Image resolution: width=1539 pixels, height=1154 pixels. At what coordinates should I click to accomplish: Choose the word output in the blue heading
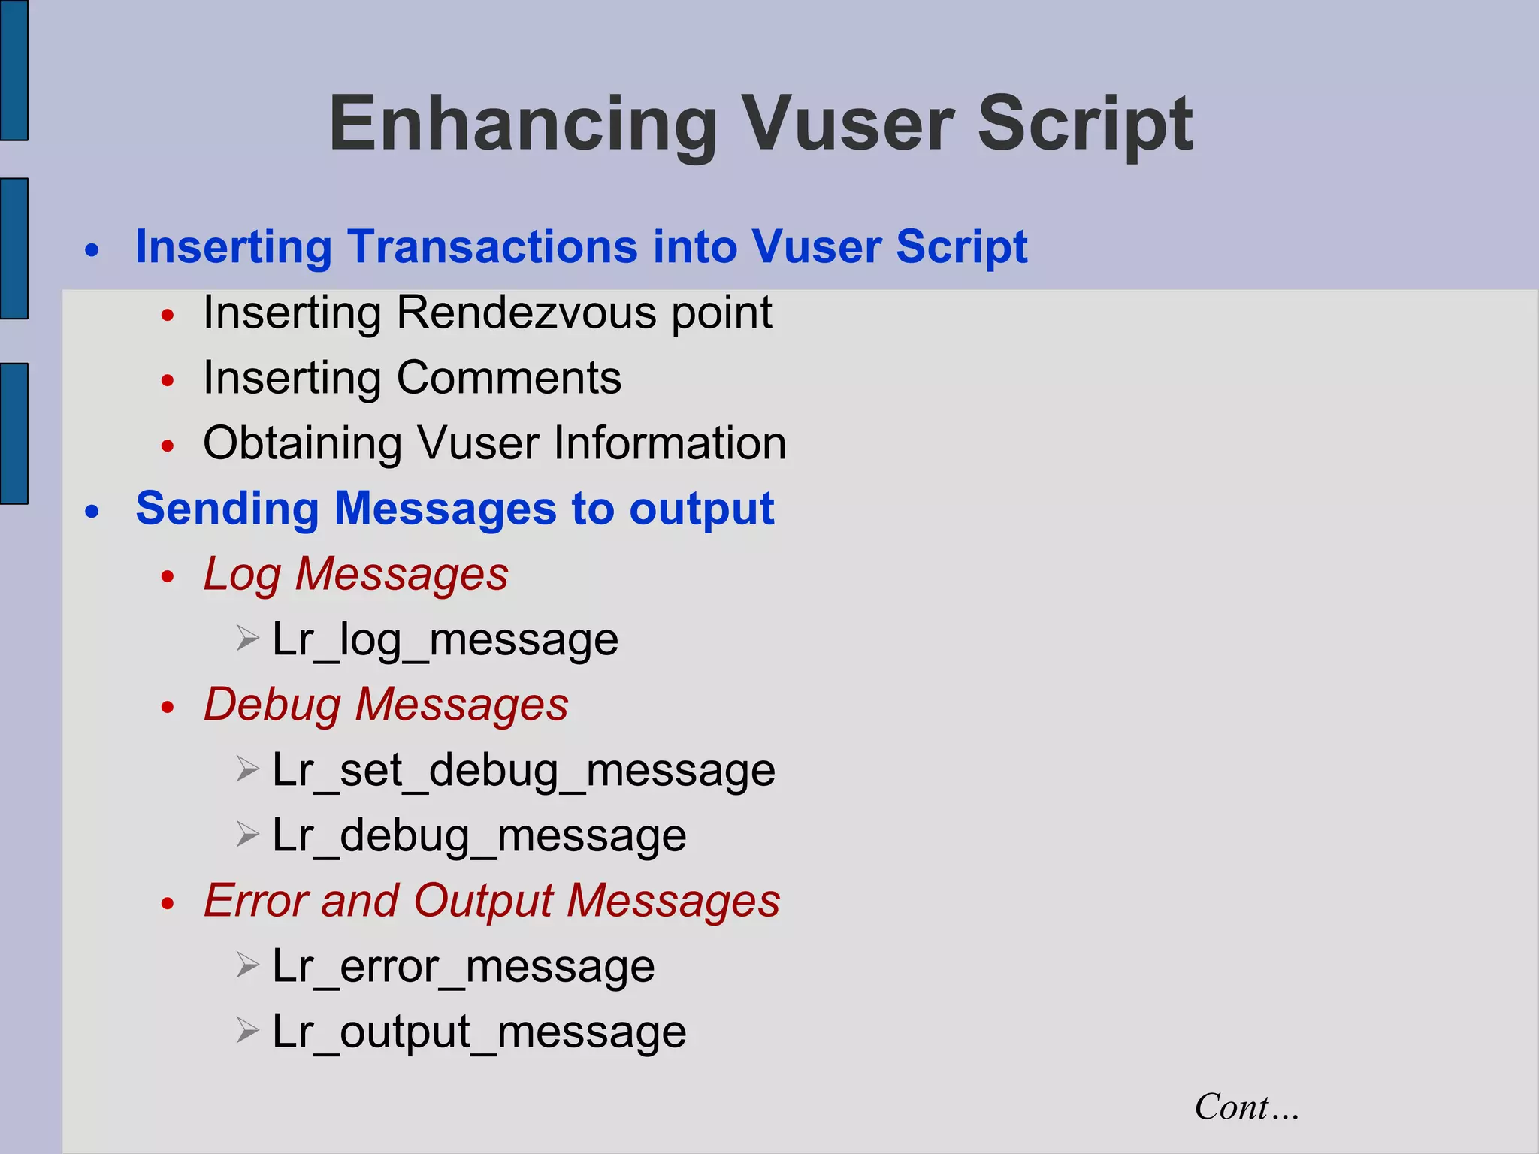(701, 509)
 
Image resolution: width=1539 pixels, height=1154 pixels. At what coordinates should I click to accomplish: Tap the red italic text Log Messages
(356, 574)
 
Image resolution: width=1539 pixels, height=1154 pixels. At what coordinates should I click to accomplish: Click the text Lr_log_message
(445, 639)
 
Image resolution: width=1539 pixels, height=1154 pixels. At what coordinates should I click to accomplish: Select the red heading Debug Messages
(386, 705)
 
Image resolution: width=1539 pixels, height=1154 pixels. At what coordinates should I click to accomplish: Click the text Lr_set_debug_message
(523, 770)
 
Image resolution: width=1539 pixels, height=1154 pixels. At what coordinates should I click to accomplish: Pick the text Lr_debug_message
(479, 835)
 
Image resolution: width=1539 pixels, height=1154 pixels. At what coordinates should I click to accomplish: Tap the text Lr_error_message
(463, 966)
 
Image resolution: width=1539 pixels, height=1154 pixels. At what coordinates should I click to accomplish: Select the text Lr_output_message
(479, 1032)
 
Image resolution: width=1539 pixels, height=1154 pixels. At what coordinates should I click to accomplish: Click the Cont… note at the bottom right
(1246, 1107)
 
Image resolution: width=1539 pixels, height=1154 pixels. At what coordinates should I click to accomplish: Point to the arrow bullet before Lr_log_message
(247, 639)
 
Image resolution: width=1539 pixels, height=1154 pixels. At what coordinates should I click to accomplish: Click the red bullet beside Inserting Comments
(168, 380)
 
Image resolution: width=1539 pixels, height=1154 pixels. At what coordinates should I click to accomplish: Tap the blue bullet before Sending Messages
(92, 512)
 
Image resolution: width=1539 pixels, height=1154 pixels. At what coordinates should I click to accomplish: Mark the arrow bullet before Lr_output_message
(247, 1030)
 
